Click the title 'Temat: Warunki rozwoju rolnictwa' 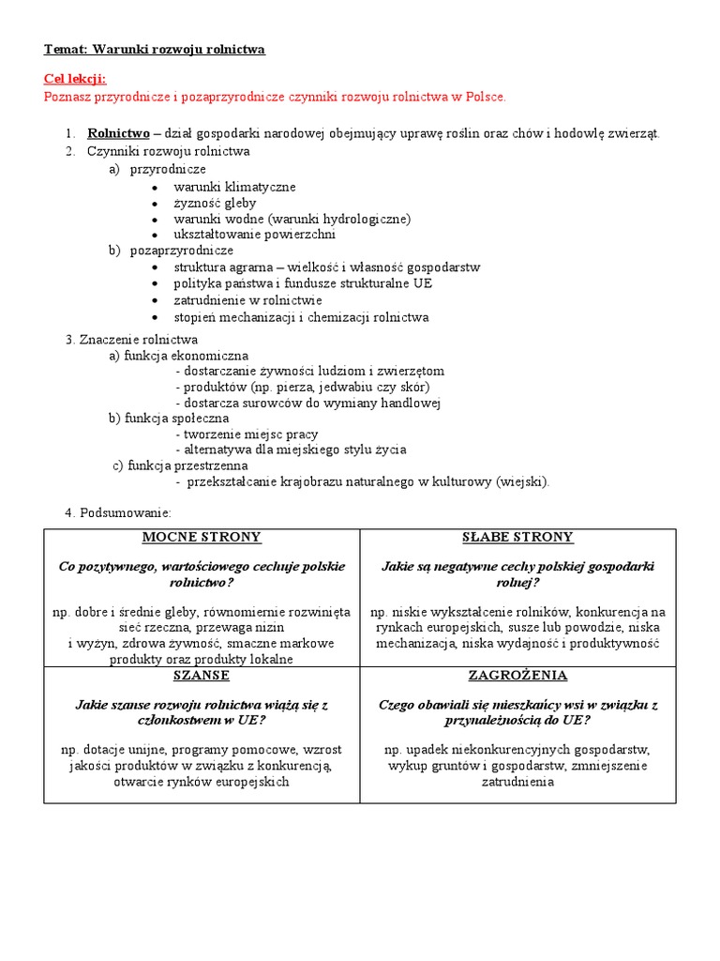point(155,49)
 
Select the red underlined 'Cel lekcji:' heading point(75,80)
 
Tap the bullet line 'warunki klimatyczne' point(234,187)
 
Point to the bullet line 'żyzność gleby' point(215,203)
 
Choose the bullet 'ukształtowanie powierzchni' point(254,235)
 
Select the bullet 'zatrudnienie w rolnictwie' point(247,300)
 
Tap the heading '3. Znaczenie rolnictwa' point(131,339)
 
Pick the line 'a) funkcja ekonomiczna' point(178,355)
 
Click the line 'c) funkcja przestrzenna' point(180,465)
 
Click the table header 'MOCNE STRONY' point(202,538)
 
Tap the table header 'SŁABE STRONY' point(517,538)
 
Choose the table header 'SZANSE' point(202,676)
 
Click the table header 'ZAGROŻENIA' point(517,676)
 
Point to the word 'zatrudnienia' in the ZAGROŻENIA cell point(517,782)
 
